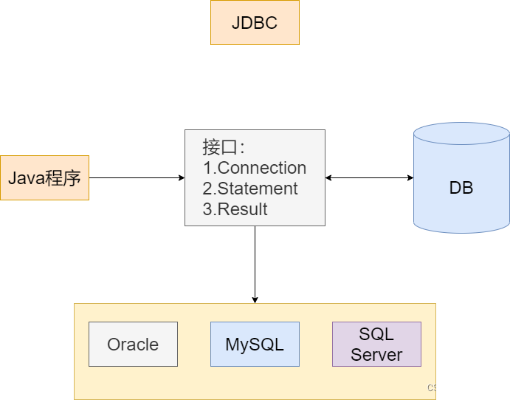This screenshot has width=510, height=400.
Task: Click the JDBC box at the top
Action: tap(255, 22)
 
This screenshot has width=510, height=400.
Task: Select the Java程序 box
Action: tap(44, 177)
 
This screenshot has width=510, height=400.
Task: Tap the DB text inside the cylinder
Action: tap(461, 188)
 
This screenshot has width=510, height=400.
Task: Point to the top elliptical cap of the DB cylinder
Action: tap(461, 134)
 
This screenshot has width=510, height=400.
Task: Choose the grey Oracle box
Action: tap(133, 344)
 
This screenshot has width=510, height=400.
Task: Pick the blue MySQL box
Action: tap(255, 344)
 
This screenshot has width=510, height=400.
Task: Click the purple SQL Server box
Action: tap(376, 344)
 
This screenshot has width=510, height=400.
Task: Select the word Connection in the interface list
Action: tap(262, 168)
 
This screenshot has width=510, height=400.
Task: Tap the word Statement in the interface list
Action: tap(258, 189)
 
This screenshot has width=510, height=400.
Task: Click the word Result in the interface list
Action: tap(242, 209)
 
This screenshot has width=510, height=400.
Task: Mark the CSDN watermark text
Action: tap(439, 387)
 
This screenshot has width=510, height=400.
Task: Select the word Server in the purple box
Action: tap(376, 354)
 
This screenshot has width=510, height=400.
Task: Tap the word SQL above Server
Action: tap(376, 334)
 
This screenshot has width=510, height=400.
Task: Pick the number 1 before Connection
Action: tap(207, 168)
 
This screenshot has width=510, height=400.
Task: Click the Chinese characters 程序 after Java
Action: tap(63, 178)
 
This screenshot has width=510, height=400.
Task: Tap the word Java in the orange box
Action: tap(26, 178)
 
